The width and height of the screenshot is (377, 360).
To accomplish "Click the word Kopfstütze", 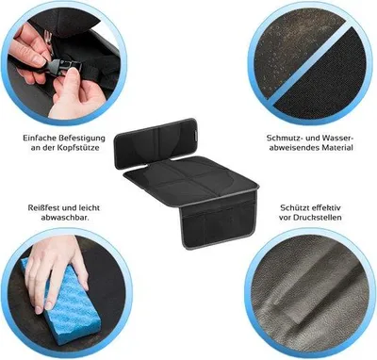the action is point(77,147).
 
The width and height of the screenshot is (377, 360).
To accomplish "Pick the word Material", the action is point(337,147).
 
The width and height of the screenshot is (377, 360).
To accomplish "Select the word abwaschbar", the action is point(65,217).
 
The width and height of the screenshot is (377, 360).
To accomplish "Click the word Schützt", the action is point(294,207).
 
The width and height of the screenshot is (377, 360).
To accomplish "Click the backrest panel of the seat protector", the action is point(156,142).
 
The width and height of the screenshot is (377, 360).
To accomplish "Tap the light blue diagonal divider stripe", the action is point(309,63).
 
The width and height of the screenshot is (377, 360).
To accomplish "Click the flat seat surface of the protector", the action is point(191,180).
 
